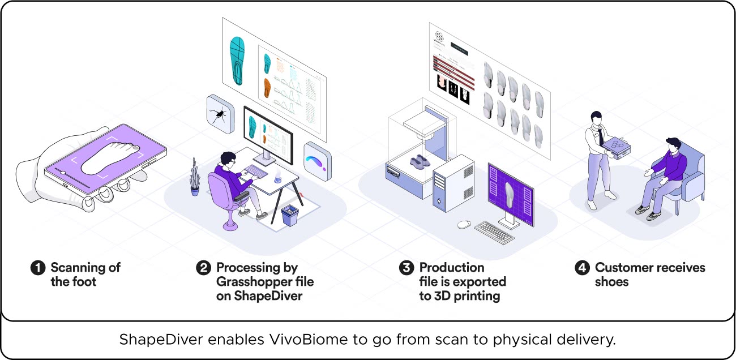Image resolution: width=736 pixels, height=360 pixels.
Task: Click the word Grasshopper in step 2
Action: pyautogui.click(x=264, y=281)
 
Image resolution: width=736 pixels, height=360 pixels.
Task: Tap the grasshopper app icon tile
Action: pyautogui.click(x=220, y=114)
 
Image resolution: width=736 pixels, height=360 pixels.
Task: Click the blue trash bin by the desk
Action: pyautogui.click(x=290, y=216)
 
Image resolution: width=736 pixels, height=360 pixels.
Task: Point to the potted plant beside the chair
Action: pyautogui.click(x=195, y=178)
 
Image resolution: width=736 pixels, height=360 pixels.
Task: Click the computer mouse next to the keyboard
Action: pyautogui.click(x=464, y=224)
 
